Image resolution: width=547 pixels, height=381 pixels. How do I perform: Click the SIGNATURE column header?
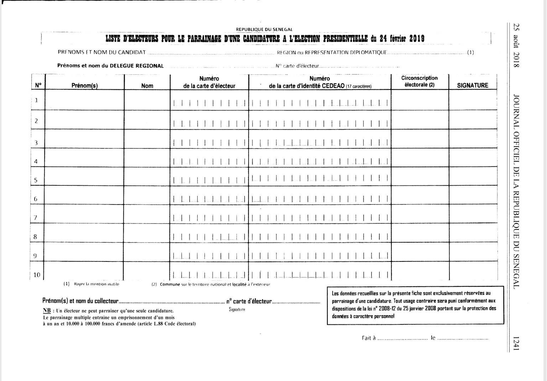click(472, 85)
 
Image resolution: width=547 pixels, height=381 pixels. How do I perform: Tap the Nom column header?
click(147, 86)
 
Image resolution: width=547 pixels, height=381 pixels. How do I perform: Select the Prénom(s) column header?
click(84, 86)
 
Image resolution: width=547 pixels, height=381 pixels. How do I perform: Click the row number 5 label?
click(36, 180)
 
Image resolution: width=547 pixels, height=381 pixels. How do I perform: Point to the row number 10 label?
click(37, 275)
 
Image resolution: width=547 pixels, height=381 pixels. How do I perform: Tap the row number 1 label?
click(36, 100)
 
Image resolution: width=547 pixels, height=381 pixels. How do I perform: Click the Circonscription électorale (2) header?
click(420, 81)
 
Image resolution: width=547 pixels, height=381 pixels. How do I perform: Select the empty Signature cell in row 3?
click(473, 139)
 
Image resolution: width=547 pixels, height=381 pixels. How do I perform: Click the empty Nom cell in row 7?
click(147, 214)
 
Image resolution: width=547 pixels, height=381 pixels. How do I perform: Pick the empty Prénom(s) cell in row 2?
click(84, 120)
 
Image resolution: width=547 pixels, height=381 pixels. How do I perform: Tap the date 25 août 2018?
click(517, 45)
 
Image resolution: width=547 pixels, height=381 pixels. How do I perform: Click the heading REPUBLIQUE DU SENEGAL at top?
click(264, 30)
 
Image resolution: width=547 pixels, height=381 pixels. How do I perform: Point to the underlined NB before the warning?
click(46, 311)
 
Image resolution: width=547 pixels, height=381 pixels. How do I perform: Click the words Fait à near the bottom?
click(369, 338)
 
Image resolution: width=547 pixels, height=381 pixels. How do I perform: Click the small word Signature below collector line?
click(237, 309)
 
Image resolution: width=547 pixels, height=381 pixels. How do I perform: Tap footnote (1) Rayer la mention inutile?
click(92, 284)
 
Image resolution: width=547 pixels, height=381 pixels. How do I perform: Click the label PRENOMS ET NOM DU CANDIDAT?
click(101, 52)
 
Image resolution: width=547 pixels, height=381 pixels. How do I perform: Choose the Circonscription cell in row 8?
click(420, 233)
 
